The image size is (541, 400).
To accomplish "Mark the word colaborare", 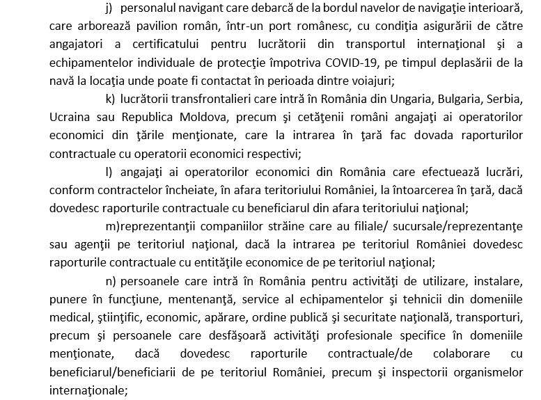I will [446, 353].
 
